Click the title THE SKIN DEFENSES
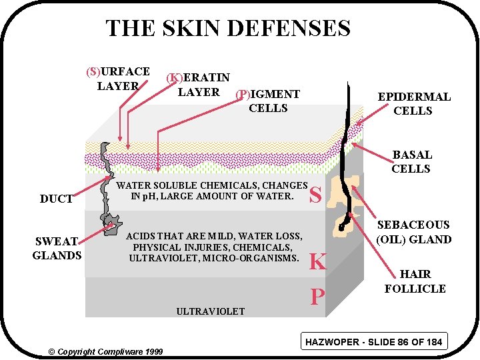point(227,29)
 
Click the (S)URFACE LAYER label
point(118,78)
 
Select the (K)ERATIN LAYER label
point(198,85)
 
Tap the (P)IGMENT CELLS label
point(268,101)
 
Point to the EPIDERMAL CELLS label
point(413,104)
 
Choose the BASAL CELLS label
point(411,162)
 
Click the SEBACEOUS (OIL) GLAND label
point(413,232)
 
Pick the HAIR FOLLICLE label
point(415,281)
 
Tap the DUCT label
point(57,199)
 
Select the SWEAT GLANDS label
point(57,248)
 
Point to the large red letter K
point(317,261)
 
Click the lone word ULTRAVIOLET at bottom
point(210,311)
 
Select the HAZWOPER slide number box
point(373,342)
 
